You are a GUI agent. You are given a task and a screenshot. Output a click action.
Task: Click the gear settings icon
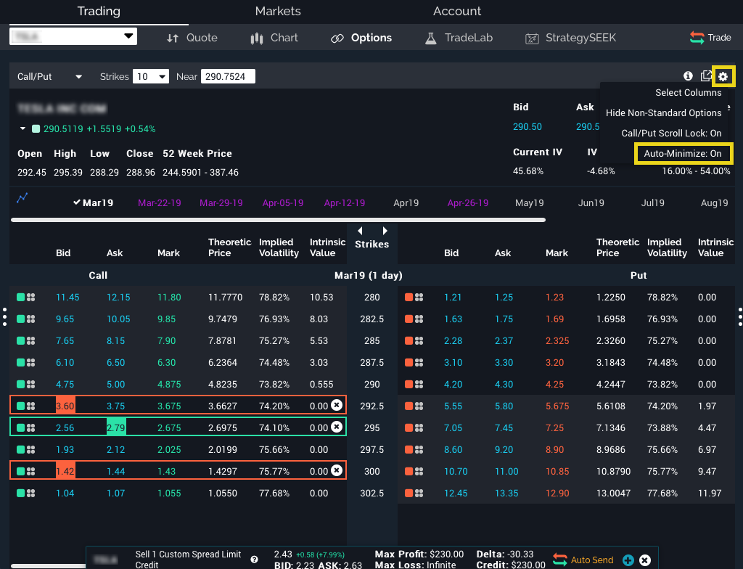click(x=723, y=76)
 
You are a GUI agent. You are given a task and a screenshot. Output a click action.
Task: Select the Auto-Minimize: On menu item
click(x=683, y=154)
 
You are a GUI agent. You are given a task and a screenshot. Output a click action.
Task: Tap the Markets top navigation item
click(x=278, y=12)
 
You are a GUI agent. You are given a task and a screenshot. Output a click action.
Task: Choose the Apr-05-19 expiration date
click(x=283, y=203)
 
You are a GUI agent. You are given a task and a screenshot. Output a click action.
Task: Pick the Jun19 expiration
click(x=591, y=203)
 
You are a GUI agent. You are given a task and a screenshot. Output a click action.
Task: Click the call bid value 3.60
click(x=66, y=406)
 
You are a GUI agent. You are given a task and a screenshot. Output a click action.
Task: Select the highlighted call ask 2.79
click(x=116, y=428)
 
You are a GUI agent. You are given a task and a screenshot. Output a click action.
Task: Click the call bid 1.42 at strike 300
click(x=66, y=471)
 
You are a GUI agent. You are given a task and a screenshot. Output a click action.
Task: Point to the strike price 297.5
click(x=371, y=450)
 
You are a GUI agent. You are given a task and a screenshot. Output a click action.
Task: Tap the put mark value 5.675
click(x=557, y=406)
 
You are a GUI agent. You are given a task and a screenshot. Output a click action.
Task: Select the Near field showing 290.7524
click(x=228, y=77)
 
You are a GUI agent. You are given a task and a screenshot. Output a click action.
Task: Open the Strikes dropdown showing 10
click(x=151, y=77)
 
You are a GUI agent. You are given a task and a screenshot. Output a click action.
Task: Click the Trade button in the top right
click(x=710, y=38)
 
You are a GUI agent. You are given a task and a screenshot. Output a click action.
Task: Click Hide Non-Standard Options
click(x=663, y=113)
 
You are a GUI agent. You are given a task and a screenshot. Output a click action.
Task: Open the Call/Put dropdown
click(x=49, y=77)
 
